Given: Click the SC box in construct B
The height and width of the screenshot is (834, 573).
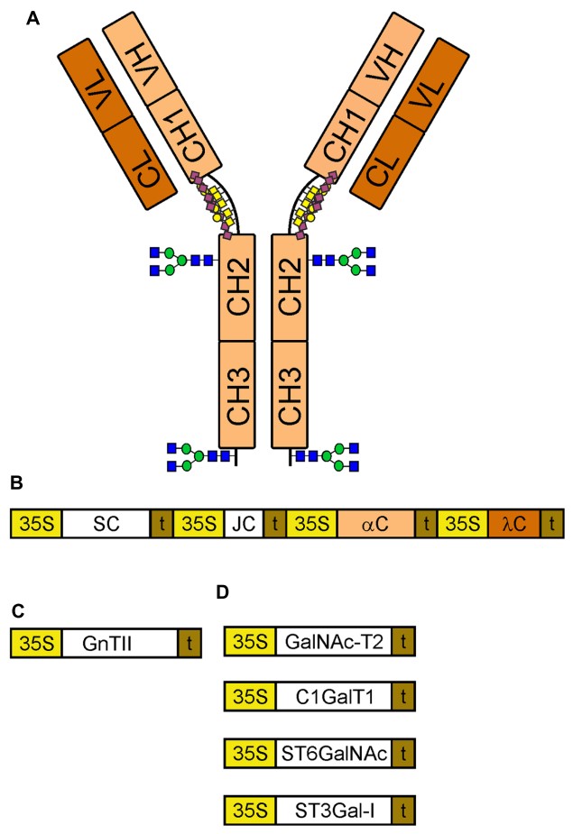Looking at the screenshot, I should [x=106, y=524].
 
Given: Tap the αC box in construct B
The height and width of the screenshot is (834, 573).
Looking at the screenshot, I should [x=376, y=524].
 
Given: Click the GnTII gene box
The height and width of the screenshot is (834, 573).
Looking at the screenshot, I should [x=119, y=644].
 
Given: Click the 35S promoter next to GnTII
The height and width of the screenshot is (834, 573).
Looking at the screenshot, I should [x=36, y=644].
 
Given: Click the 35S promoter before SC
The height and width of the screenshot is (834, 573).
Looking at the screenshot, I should [x=36, y=524].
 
